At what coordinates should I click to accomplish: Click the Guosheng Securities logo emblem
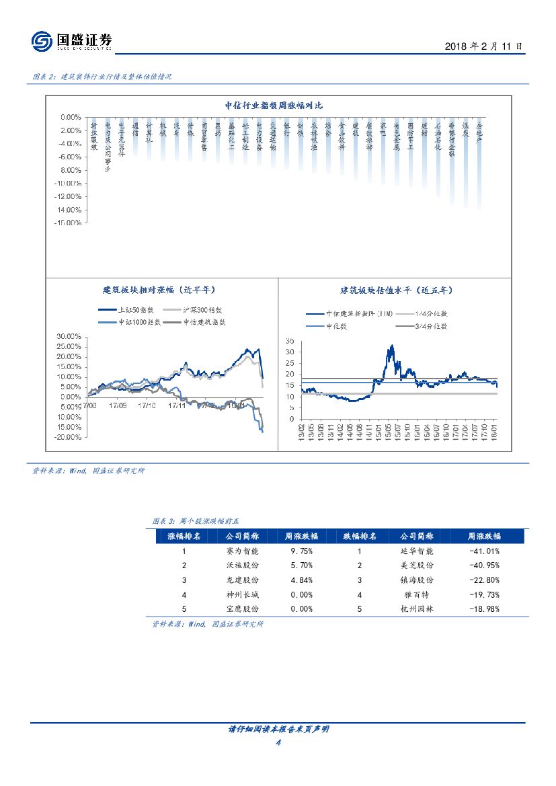[42, 42]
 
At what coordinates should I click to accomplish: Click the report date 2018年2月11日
[483, 46]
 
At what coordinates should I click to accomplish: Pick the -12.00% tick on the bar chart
[68, 196]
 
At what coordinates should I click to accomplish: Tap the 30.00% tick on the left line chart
[69, 336]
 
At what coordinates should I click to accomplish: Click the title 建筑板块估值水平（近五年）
[396, 290]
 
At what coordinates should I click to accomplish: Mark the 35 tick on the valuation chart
[290, 342]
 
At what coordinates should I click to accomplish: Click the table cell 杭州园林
[417, 608]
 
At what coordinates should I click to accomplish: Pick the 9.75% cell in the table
[301, 551]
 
